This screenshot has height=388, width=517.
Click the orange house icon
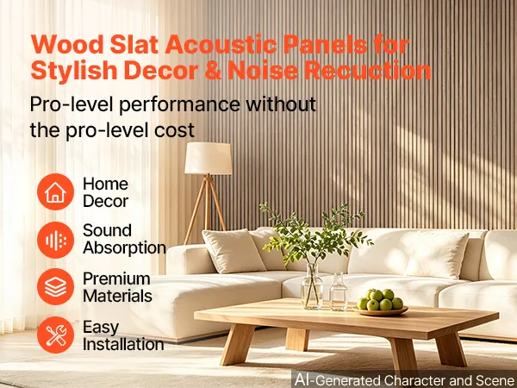coord(55,191)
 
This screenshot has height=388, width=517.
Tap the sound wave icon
coord(55,241)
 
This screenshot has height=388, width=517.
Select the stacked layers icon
coord(55,287)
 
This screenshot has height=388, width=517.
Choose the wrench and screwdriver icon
coord(55,335)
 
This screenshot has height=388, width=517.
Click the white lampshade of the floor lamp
coord(208,159)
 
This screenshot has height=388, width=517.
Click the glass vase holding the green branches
coord(312,286)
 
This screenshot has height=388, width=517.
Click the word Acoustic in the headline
coord(221,45)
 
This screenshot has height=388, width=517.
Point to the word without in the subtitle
coord(281,104)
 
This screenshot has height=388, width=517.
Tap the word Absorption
coord(124,247)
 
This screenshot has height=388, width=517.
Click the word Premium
coord(116,279)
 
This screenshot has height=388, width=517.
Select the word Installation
coord(123,344)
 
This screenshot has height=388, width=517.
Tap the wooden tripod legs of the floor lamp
coord(205,209)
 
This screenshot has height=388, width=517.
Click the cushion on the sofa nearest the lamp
coord(234,251)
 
